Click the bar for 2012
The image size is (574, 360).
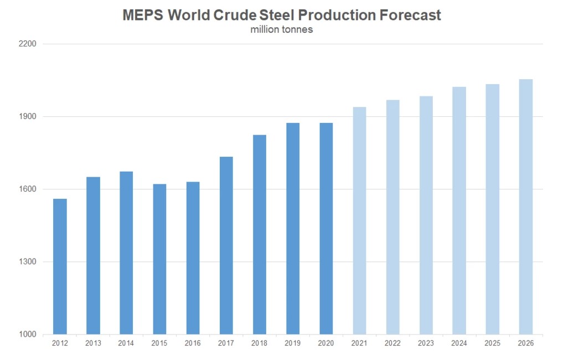point(60,266)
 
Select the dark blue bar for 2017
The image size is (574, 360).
point(226,245)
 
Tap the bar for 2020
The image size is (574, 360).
point(326,229)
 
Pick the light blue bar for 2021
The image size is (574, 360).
point(359,220)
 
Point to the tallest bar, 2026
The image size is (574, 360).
point(526,207)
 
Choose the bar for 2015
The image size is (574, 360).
point(159,259)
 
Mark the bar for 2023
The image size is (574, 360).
point(426,215)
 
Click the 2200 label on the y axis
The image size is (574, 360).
point(28,44)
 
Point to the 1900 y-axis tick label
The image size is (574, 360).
point(28,116)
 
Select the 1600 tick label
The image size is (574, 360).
point(28,189)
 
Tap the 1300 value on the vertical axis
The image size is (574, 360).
point(28,261)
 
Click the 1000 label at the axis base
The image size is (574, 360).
point(28,334)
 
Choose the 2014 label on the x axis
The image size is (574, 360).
point(126,343)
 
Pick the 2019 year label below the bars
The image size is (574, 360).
point(292,343)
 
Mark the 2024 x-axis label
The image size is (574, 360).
point(459,343)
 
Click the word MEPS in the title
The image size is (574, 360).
point(143,16)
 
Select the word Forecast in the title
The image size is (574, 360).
point(410,16)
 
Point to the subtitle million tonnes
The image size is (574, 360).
point(282,30)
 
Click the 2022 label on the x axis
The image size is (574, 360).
point(392,343)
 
